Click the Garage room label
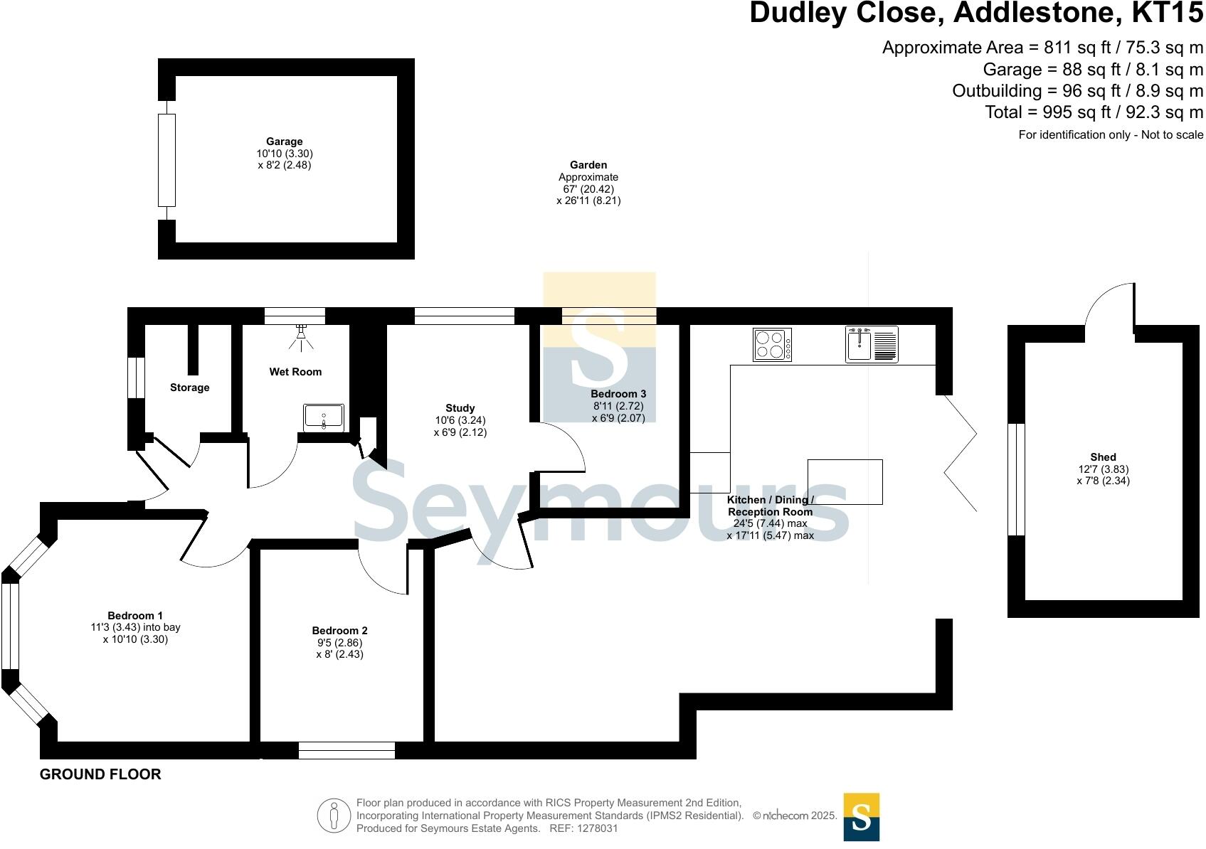(x=285, y=141)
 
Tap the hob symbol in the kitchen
(x=772, y=344)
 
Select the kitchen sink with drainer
(x=872, y=344)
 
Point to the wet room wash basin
(x=324, y=417)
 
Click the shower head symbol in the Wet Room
(x=302, y=337)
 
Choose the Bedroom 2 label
(x=339, y=630)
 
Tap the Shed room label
(x=1103, y=456)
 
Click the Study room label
(x=460, y=408)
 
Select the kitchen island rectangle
(x=845, y=481)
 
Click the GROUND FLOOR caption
(x=101, y=774)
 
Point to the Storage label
(x=189, y=388)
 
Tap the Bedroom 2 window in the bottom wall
(x=347, y=751)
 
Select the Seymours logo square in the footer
(x=862, y=817)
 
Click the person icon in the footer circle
(x=334, y=816)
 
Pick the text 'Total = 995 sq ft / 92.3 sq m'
(x=1094, y=112)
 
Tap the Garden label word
(x=588, y=165)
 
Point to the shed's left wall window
(x=1017, y=479)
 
